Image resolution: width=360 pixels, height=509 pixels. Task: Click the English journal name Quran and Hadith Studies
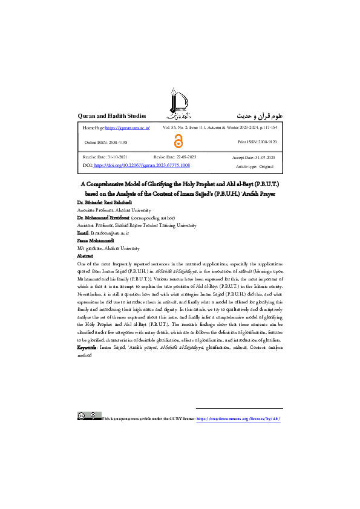[113, 115]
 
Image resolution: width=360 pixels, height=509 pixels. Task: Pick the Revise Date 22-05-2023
[175, 157]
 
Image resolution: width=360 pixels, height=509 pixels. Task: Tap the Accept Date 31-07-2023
[255, 157]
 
